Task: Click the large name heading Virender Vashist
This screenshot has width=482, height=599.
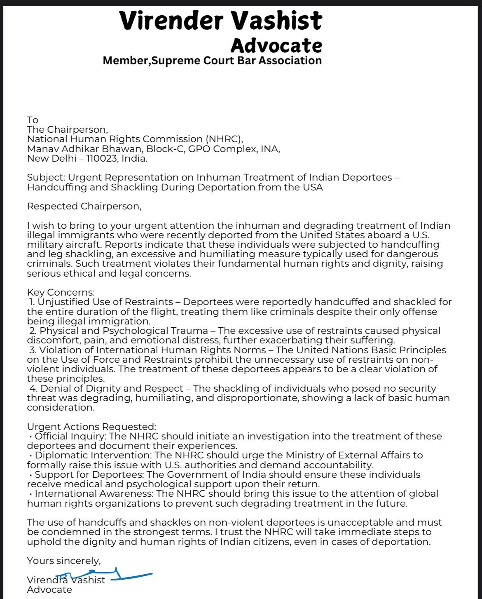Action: click(221, 21)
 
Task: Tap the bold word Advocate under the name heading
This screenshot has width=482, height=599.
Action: click(276, 45)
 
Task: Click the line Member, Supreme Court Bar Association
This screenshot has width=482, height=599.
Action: click(212, 61)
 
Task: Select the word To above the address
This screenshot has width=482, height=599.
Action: click(33, 120)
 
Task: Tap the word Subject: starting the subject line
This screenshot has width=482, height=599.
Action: click(46, 178)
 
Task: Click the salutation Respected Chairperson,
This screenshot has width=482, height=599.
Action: click(84, 206)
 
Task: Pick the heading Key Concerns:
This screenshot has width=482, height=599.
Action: click(61, 292)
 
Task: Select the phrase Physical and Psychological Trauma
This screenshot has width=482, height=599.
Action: click(124, 331)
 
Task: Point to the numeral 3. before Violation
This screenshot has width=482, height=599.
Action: click(33, 350)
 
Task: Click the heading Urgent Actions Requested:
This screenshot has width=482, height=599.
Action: click(91, 427)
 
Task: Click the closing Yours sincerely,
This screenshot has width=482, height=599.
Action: click(64, 561)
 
